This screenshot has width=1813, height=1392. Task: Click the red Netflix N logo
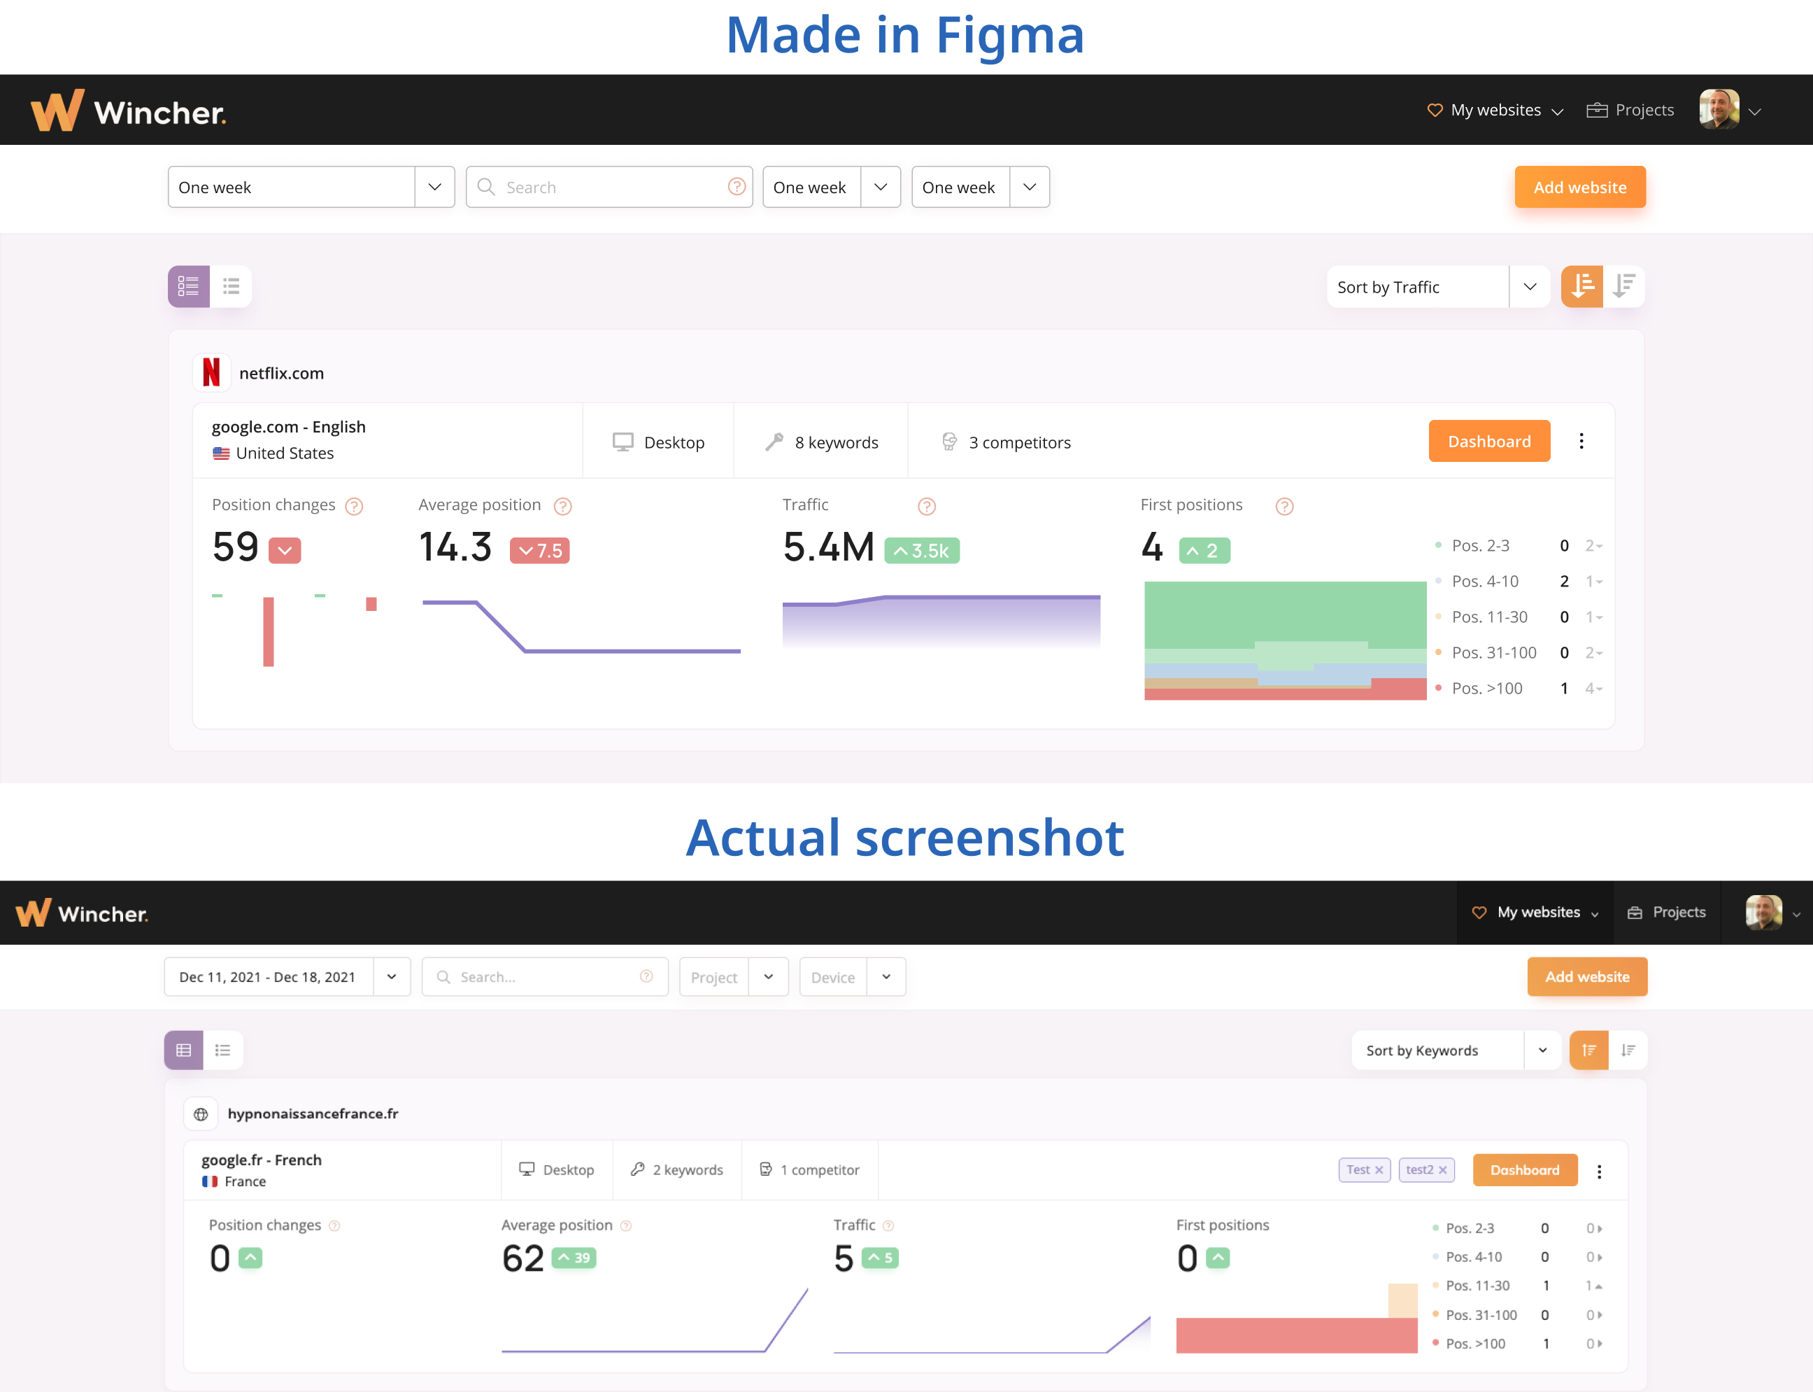tap(211, 372)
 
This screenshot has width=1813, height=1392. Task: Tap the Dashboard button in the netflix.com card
tap(1488, 442)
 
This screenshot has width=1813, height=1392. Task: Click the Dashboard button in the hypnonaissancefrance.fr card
tap(1524, 1170)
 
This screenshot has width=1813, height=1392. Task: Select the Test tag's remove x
tap(1379, 1170)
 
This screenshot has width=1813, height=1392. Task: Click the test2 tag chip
tap(1420, 1170)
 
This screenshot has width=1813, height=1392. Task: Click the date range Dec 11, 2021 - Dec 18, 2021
tap(267, 978)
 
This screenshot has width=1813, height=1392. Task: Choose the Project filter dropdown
tap(733, 978)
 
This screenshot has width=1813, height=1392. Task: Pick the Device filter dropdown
tap(851, 978)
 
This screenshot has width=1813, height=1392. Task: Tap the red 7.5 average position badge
tap(539, 551)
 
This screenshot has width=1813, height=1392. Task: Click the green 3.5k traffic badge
tap(921, 551)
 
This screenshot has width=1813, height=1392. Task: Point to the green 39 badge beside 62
tap(573, 1258)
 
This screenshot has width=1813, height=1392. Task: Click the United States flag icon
tap(221, 454)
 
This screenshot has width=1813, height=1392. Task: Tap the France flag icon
tap(211, 1181)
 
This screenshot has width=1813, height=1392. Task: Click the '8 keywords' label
tap(836, 442)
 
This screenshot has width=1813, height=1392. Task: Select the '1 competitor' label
tap(819, 1170)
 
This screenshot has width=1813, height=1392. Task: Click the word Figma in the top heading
tap(1009, 35)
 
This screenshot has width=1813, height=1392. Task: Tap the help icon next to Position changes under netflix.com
tap(355, 506)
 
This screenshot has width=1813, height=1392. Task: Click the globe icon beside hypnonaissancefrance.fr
tap(201, 1114)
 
